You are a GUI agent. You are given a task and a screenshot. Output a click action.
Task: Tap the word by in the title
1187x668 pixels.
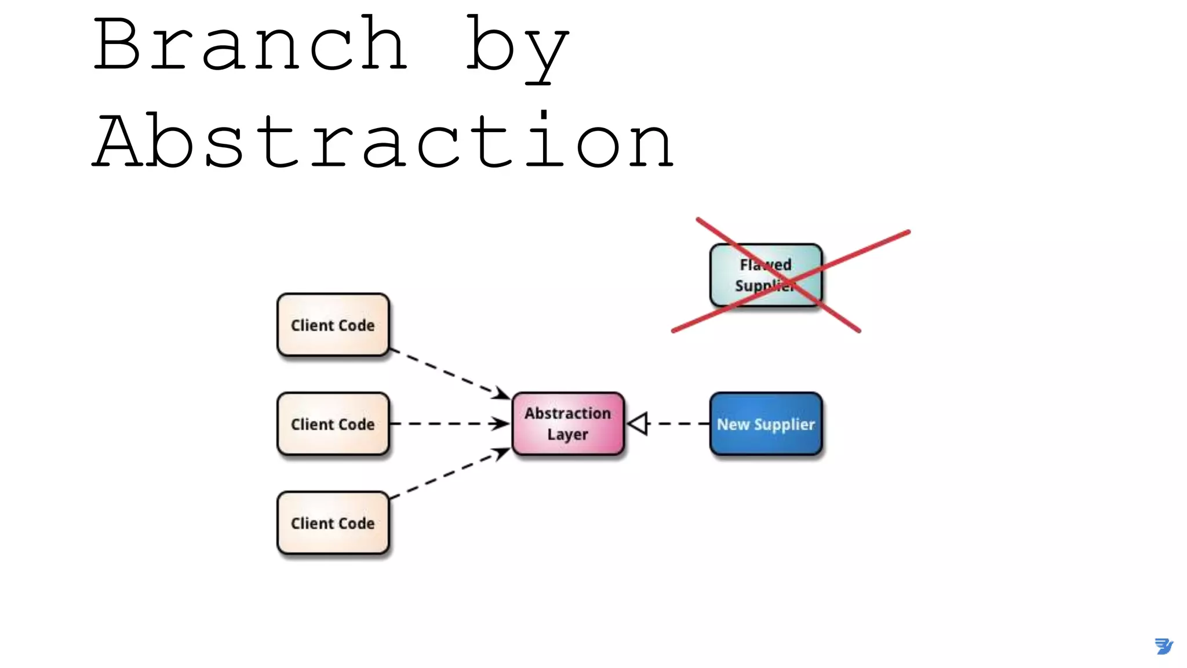(x=517, y=49)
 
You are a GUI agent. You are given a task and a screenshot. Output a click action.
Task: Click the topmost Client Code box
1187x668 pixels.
(x=333, y=325)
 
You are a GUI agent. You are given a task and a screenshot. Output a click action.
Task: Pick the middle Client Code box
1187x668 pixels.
(x=333, y=424)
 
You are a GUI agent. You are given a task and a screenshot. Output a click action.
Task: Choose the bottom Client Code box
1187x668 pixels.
(x=333, y=523)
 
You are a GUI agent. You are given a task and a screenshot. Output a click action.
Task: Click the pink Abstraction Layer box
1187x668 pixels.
(x=568, y=424)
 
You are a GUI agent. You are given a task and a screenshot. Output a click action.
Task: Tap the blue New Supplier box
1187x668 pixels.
(x=766, y=424)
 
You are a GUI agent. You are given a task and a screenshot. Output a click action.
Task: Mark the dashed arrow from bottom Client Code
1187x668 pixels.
(x=446, y=475)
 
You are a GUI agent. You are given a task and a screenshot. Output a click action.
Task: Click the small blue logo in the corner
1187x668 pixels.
(x=1163, y=646)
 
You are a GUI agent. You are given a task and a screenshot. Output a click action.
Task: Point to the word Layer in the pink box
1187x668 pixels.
(x=567, y=434)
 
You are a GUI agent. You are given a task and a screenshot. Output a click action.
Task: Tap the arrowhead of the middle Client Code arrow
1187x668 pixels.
(x=500, y=424)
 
